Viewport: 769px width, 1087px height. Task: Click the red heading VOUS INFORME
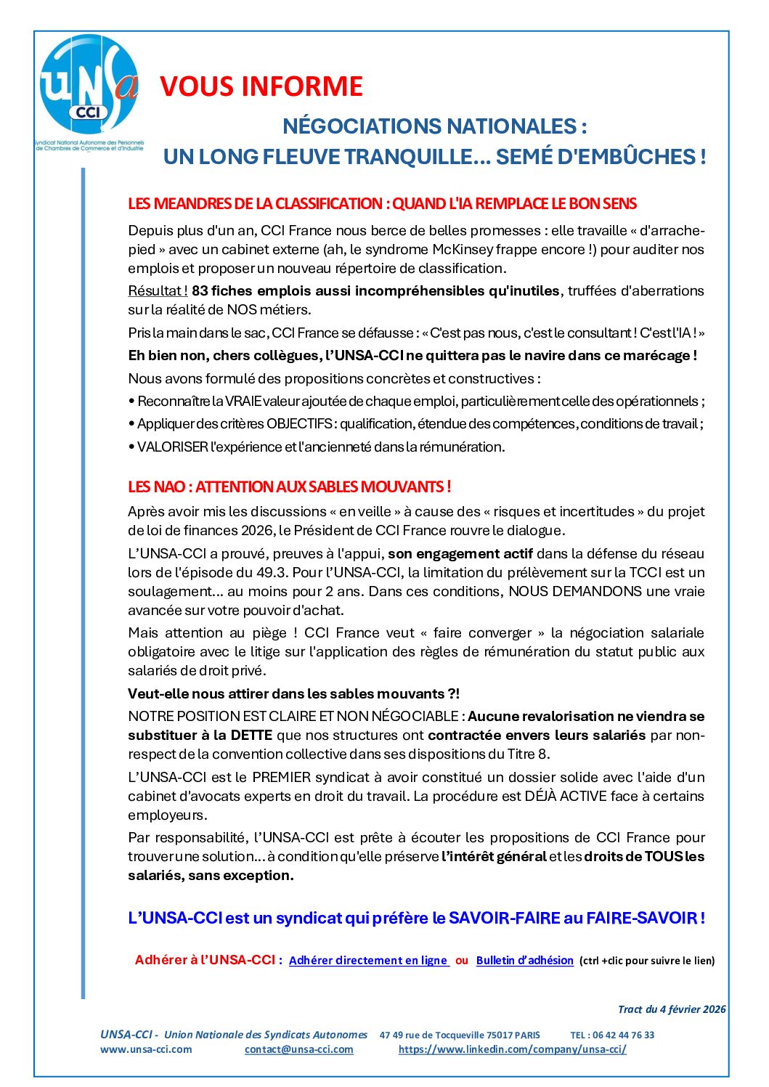pos(261,86)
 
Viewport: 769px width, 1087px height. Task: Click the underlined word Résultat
pos(156,290)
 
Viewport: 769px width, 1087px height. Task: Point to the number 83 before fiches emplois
pos(200,290)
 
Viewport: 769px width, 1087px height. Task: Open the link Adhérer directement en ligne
pos(368,960)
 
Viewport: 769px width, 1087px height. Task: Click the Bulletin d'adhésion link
pos(524,960)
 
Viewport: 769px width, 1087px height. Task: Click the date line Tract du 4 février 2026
pos(671,1009)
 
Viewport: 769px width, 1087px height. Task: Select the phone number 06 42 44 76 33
pos(623,1035)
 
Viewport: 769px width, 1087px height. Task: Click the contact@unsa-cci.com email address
pos(298,1049)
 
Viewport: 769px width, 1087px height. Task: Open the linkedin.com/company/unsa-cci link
pos(512,1049)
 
